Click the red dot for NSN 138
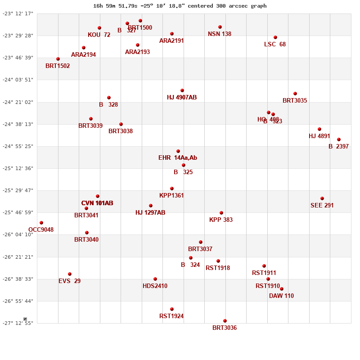coord(220,27)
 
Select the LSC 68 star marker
coord(275,37)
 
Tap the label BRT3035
coord(295,100)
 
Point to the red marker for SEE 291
coord(322,198)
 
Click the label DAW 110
coord(281,296)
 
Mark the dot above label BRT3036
coord(225,321)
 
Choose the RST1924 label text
coord(171,316)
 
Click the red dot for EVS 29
coord(70,274)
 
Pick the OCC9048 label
coord(41,229)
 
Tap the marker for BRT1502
coord(58,59)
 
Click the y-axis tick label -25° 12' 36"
coord(18,168)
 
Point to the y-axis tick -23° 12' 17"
coord(18,13)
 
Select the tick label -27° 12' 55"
coord(18,323)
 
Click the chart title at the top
coord(180,6)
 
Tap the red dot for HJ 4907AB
coord(182,90)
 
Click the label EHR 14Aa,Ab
coord(178,157)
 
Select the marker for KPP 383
coord(221,213)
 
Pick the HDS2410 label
coord(155,286)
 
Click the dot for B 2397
coord(339,139)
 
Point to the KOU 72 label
coord(99,35)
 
